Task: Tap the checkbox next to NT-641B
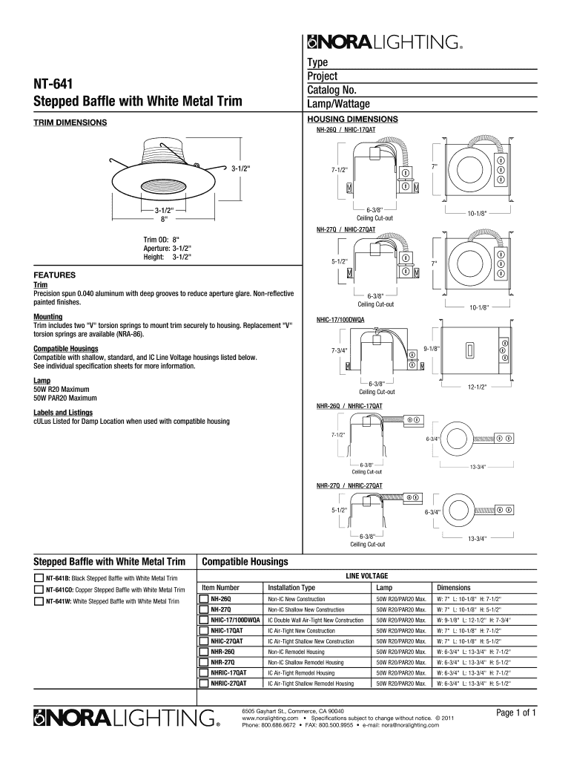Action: click(39, 577)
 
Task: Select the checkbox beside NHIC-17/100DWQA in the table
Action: click(204, 619)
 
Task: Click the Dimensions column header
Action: click(453, 587)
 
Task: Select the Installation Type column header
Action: click(291, 587)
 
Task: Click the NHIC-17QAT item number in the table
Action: click(226, 629)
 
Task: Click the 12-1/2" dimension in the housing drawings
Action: click(477, 387)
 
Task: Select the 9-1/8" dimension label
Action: click(432, 348)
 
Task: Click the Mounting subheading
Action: click(48, 316)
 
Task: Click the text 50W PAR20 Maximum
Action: click(66, 398)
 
